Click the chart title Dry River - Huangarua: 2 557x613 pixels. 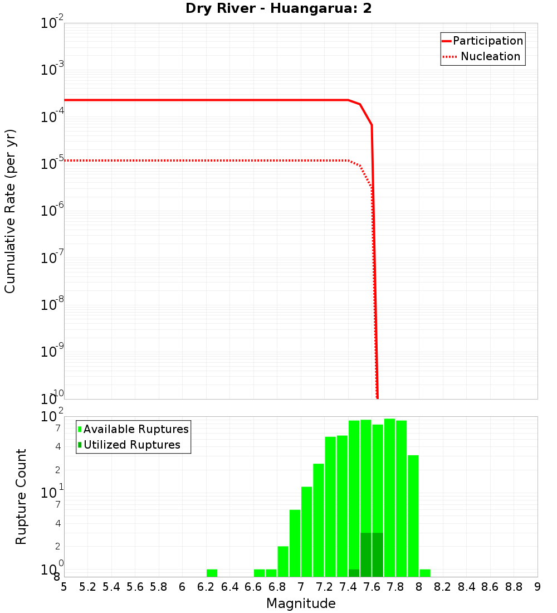[x=278, y=9]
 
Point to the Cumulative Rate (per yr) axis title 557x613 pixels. [x=10, y=211]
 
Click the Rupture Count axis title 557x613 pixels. [x=21, y=497]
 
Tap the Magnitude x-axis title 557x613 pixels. [x=301, y=604]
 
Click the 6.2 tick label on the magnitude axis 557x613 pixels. [x=206, y=587]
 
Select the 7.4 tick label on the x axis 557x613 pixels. [x=348, y=587]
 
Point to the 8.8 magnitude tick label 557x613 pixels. [x=514, y=587]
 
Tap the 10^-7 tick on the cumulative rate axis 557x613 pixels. [x=53, y=258]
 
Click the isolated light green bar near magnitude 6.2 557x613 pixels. [x=212, y=573]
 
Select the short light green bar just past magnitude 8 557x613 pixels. [x=425, y=573]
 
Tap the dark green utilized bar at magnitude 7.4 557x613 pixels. [x=354, y=573]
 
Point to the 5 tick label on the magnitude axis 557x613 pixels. [x=64, y=587]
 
